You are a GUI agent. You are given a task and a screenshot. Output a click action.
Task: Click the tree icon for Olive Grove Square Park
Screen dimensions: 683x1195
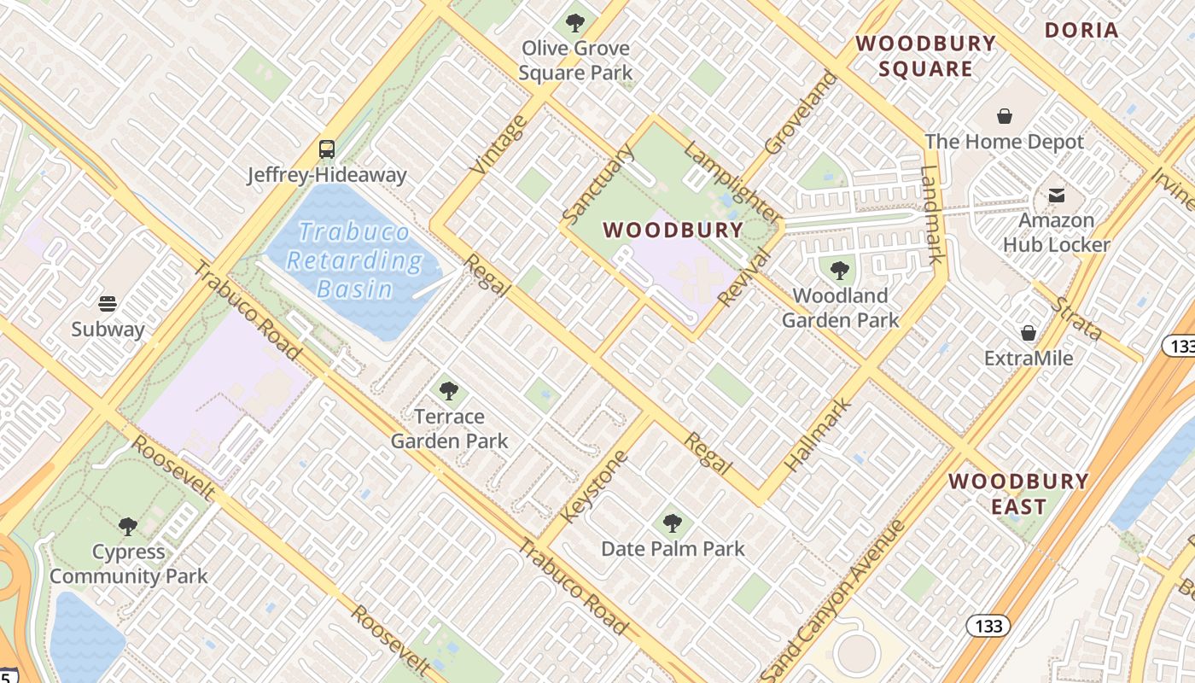pos(575,23)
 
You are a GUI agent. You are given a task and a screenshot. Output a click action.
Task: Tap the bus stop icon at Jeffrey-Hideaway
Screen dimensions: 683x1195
pos(327,149)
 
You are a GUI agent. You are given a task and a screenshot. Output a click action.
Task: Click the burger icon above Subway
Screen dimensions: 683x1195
pos(108,303)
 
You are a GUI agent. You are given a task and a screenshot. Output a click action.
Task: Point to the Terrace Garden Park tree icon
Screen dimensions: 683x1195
pos(449,391)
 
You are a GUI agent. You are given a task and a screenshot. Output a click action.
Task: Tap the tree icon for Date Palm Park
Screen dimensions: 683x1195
pos(673,522)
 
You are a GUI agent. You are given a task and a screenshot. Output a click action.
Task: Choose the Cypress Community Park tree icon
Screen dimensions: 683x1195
pos(128,526)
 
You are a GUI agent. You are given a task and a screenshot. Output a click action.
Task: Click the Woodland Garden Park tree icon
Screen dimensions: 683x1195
pos(840,271)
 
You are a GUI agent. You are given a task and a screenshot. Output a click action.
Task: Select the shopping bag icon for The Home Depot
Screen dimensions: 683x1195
pos(1005,116)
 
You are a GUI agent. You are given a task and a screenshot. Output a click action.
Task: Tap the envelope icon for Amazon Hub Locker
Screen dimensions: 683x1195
pos(1058,196)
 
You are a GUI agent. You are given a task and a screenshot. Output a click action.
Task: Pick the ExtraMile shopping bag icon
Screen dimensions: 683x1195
pos(1029,333)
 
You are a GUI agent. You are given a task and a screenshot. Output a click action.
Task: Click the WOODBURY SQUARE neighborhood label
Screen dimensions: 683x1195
pos(926,56)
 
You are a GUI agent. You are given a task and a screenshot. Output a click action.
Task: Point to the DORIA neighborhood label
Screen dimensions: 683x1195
pos(1081,31)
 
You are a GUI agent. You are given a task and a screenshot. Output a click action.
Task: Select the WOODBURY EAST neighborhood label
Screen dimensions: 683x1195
pos(1018,493)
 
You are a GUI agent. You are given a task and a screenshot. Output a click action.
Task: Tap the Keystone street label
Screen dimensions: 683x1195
pos(595,487)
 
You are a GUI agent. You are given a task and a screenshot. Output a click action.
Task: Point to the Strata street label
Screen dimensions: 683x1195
pos(1077,318)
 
